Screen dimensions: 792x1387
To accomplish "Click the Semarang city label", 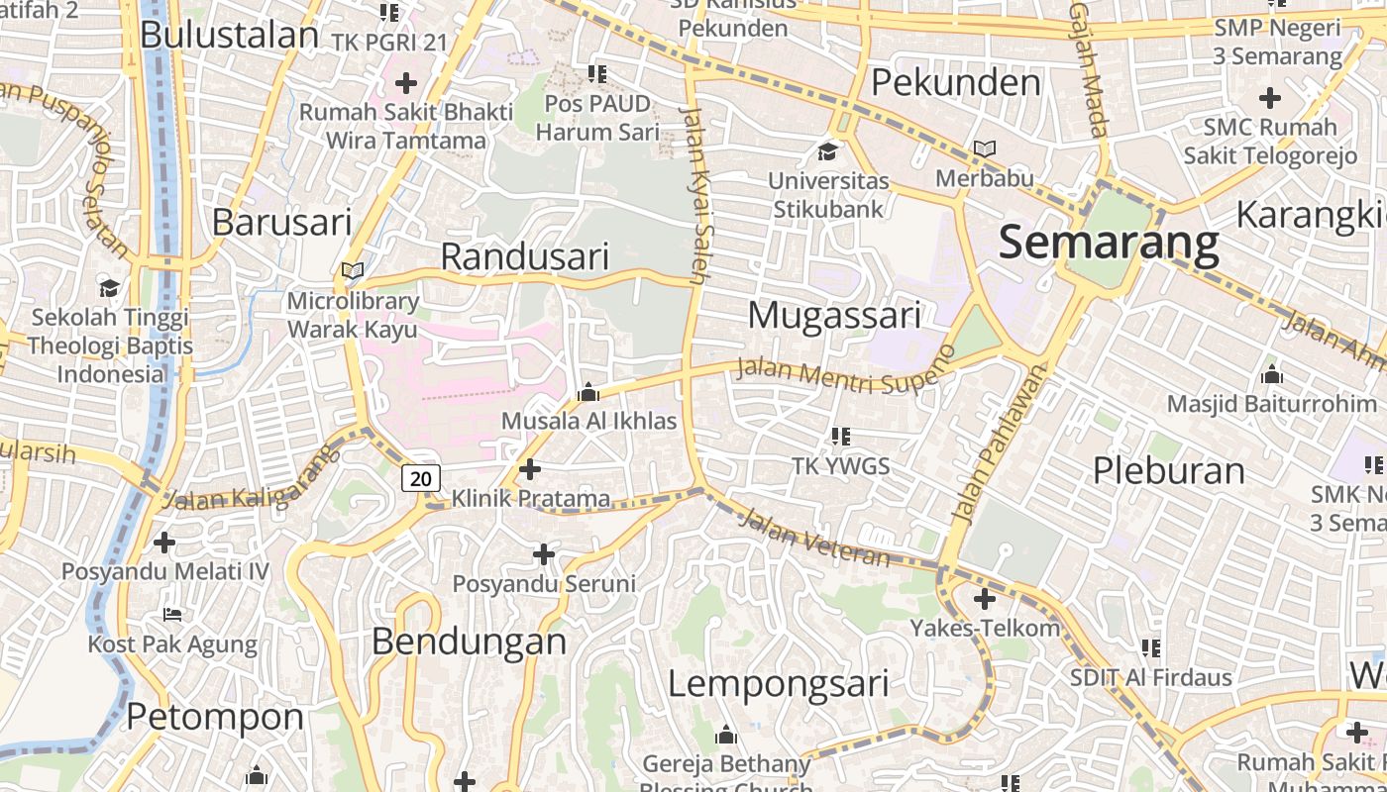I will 1109,243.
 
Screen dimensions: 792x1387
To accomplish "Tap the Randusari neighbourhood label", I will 524,256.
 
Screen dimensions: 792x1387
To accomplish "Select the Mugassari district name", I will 834,315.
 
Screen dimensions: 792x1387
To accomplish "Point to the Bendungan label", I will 469,642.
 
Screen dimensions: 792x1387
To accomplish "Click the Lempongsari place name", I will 778,683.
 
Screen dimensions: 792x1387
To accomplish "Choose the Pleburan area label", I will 1168,470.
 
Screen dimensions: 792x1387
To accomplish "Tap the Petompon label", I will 215,716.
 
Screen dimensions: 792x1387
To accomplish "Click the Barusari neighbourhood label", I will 281,222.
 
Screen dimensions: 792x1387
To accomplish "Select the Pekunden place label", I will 956,82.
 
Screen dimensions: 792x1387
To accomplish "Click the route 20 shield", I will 421,479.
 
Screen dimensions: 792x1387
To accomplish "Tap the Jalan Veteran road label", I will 814,538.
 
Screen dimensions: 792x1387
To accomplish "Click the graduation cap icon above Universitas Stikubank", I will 827,151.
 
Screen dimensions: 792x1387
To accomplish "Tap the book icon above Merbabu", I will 984,149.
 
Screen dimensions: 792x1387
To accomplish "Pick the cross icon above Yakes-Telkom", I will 984,599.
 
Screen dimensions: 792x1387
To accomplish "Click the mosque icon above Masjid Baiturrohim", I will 1271,374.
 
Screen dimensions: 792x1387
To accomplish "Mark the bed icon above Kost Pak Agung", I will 172,615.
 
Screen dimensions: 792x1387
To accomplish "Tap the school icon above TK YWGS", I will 841,436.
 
